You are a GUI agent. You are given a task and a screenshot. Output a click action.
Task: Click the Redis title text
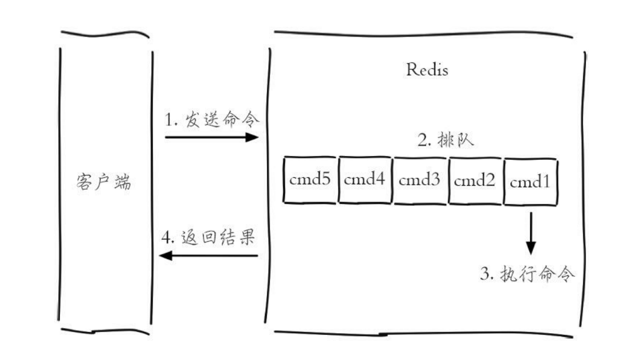click(x=427, y=70)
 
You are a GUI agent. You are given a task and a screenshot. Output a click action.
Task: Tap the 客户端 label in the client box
click(x=104, y=182)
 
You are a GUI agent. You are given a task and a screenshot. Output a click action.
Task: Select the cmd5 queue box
click(x=310, y=180)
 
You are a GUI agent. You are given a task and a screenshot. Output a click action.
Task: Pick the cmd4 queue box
click(x=365, y=180)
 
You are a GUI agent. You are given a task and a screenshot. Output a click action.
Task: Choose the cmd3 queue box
click(x=419, y=180)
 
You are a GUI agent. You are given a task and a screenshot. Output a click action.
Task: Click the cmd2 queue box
click(x=474, y=181)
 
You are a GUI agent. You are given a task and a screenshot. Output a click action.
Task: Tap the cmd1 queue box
click(x=531, y=182)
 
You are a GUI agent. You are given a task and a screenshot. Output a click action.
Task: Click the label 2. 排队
click(x=446, y=140)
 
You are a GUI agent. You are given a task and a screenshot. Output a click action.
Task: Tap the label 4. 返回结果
click(x=208, y=237)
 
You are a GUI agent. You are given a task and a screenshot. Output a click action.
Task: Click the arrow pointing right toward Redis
click(x=212, y=138)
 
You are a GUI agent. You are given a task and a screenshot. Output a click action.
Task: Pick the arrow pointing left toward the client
click(x=208, y=256)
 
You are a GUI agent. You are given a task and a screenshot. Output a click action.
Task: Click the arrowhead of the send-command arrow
click(x=252, y=138)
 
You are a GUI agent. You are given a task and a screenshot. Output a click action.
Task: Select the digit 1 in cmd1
click(x=546, y=181)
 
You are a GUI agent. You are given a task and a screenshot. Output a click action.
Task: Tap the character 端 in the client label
click(x=123, y=182)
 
